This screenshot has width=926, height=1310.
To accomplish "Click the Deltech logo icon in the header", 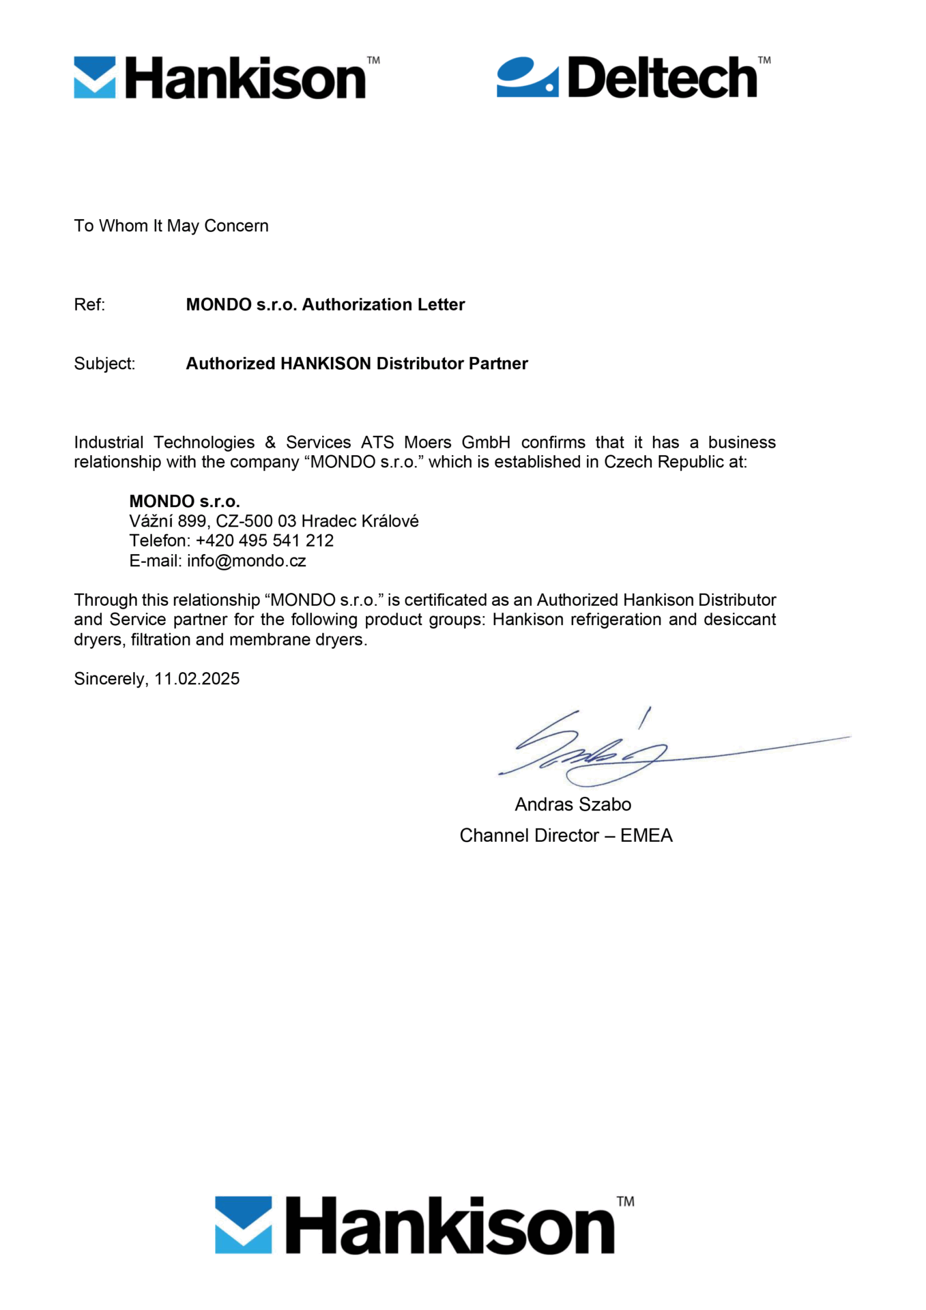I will [527, 77].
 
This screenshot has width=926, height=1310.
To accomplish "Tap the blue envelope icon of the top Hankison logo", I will [95, 77].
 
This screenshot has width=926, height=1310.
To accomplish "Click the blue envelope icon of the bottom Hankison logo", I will [243, 1225].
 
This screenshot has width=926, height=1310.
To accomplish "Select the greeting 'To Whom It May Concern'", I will [171, 226].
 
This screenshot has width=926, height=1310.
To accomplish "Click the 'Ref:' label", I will [89, 305].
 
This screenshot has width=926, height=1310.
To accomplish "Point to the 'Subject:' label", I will [104, 364].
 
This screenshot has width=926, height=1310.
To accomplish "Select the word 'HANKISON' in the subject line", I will [325, 364].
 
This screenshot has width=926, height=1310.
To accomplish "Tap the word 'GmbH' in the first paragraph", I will [486, 442].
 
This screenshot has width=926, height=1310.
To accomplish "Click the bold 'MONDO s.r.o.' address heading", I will [184, 501].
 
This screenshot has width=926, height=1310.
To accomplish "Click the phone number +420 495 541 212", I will [265, 541].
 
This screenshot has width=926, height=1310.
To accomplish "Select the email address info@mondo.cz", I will [246, 561].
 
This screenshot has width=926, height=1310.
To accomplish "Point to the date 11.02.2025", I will [197, 679].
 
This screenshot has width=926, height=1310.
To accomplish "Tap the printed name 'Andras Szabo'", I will [573, 804].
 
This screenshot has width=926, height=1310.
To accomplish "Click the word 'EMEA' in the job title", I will [646, 836].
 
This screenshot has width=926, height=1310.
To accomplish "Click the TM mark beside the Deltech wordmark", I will [764, 60].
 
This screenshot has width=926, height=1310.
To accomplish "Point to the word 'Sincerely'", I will [109, 679].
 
